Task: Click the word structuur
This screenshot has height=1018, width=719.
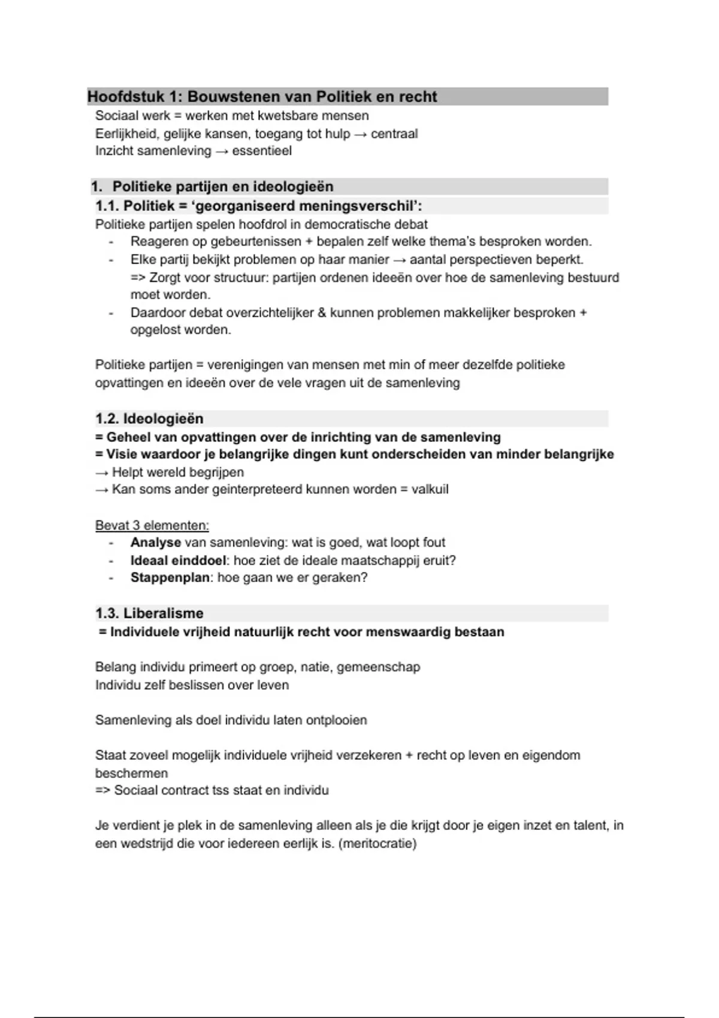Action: click(243, 278)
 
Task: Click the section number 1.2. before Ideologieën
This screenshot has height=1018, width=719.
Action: click(107, 419)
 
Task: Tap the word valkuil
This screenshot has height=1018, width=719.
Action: click(430, 489)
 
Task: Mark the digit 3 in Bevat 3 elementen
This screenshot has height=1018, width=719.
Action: click(136, 526)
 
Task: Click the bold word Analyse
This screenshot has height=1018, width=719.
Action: click(156, 543)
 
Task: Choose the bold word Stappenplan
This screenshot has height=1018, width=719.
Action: click(170, 578)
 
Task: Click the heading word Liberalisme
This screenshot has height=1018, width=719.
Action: click(163, 613)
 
